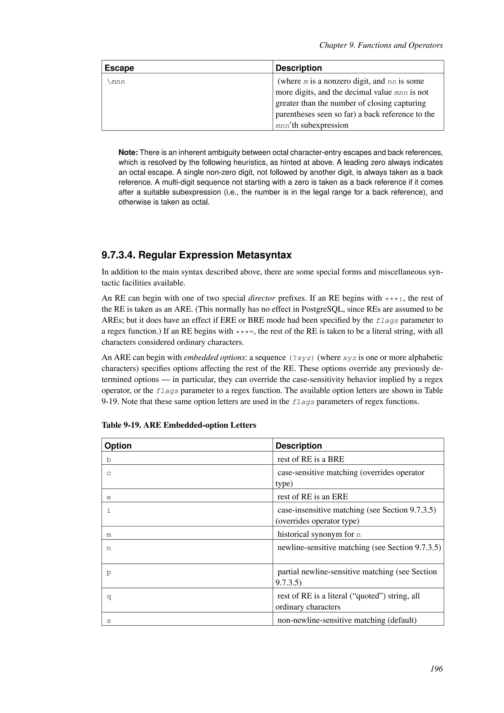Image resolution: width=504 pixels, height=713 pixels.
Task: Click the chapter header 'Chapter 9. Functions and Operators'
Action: pyautogui.click(x=381, y=45)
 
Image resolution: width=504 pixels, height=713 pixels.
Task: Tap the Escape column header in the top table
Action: pyautogui.click(x=119, y=68)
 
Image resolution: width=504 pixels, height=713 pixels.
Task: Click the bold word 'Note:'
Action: pyautogui.click(x=128, y=152)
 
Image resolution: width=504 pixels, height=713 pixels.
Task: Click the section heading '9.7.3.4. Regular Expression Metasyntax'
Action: pyautogui.click(x=196, y=255)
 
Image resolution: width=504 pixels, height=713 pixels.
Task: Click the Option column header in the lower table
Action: pyautogui.click(x=118, y=446)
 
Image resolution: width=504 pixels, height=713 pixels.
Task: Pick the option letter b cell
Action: pyautogui.click(x=109, y=460)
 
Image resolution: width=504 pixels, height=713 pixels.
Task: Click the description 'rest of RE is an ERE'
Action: pyautogui.click(x=312, y=497)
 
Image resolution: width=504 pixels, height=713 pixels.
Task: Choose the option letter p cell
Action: pyautogui.click(x=109, y=573)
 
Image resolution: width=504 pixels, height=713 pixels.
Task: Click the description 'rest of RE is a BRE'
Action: pyautogui.click(x=310, y=459)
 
